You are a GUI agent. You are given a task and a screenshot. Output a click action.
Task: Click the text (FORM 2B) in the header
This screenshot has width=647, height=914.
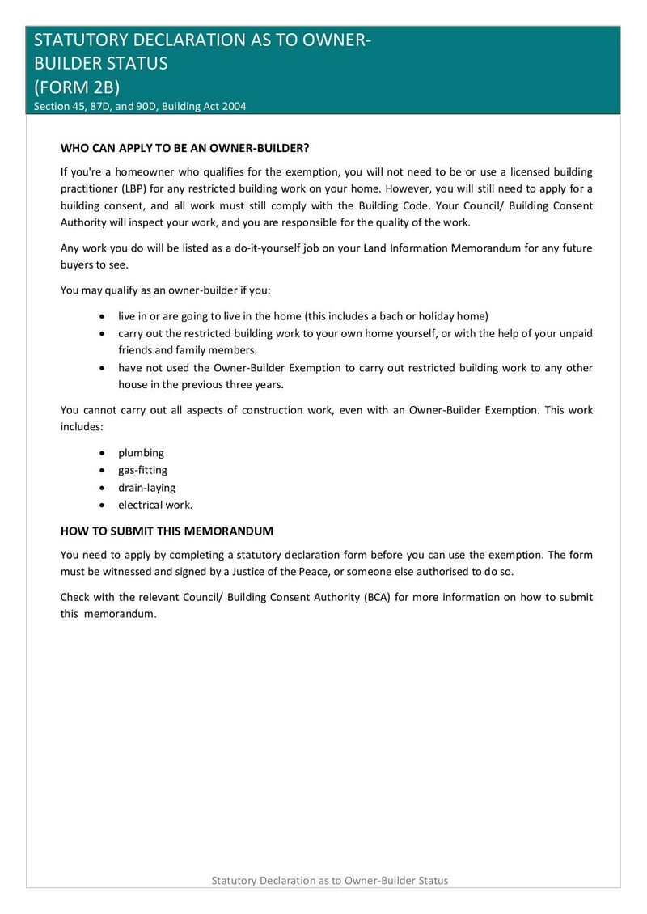[77, 87]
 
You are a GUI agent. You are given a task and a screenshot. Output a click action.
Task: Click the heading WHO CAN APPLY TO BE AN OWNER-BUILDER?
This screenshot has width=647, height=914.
[185, 149]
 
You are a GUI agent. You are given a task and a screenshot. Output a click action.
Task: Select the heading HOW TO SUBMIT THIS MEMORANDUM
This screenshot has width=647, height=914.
[167, 531]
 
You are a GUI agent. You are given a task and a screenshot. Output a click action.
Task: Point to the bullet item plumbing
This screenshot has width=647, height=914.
[141, 453]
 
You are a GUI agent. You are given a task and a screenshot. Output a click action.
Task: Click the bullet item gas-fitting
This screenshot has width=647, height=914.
[142, 470]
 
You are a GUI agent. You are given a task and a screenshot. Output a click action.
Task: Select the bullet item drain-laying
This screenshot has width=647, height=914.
[146, 488]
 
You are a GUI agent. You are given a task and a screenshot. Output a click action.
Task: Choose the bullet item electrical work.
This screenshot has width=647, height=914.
[155, 505]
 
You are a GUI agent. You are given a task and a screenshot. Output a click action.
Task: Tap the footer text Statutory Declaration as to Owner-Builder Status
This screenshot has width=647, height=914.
[329, 880]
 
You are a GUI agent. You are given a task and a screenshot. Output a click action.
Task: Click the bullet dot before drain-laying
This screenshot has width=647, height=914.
[101, 488]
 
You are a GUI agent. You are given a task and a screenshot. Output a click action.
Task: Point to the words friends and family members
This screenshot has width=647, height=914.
[186, 350]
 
